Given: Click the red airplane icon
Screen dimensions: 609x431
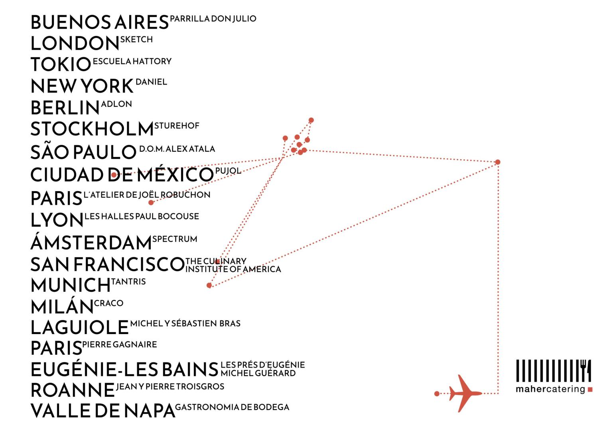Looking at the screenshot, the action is [x=465, y=393].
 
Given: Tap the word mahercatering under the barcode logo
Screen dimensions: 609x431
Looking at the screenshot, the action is [x=550, y=389].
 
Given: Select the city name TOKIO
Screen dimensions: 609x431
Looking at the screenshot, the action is [x=61, y=64].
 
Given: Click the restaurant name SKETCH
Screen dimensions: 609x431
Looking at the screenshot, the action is [x=136, y=40].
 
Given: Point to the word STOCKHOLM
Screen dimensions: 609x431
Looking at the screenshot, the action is [x=92, y=129].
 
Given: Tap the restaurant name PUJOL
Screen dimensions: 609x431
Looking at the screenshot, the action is [x=228, y=171].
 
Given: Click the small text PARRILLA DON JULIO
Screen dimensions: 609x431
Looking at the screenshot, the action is [x=213, y=18].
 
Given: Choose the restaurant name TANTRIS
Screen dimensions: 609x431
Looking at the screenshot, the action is [x=128, y=281].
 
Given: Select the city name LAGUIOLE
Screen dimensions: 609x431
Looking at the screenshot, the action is [x=79, y=327].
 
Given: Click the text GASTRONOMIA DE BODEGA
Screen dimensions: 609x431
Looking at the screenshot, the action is [x=232, y=407].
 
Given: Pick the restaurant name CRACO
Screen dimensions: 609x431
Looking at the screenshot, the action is [x=109, y=303].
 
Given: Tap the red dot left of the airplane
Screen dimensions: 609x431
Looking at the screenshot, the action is [x=437, y=394].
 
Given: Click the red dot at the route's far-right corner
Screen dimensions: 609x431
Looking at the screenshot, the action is [x=498, y=162].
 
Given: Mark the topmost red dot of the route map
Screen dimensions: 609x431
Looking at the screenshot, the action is [x=311, y=120].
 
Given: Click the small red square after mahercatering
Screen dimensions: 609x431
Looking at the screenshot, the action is [x=590, y=389].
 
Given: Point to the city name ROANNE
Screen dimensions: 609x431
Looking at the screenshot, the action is [x=73, y=390].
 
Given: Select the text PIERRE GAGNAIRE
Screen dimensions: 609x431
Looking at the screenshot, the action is [x=120, y=344].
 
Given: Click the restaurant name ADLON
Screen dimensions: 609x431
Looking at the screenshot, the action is [x=116, y=104].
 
